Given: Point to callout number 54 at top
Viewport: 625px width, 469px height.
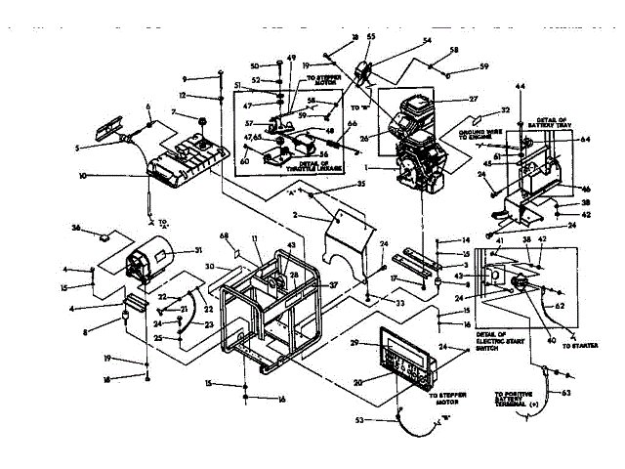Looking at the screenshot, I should coord(426,41).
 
